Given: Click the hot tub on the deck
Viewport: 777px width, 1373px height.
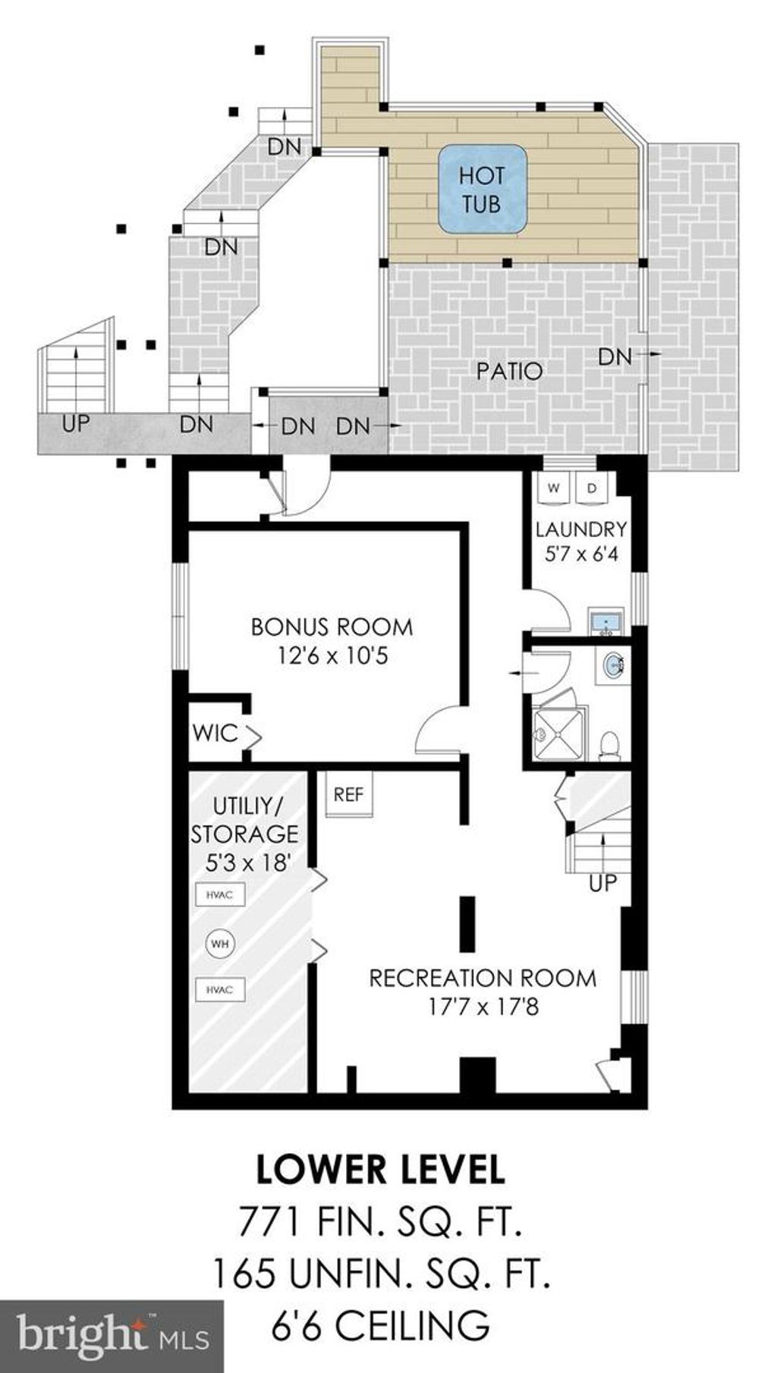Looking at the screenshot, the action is coord(483,189).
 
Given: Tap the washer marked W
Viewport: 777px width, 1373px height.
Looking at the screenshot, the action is coord(553,488).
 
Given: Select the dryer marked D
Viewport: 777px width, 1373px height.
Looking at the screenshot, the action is coord(593,488).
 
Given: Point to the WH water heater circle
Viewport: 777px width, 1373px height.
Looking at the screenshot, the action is coord(220,944).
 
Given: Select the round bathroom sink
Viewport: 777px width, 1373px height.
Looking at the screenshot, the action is coord(614,665).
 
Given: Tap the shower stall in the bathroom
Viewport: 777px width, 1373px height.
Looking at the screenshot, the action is coord(561,733).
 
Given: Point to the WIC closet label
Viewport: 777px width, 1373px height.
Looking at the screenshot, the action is coord(215,734).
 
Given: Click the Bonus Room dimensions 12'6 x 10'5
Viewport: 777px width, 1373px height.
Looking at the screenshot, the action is coord(332,655).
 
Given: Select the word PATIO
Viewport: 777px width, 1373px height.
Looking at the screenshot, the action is coord(510,371).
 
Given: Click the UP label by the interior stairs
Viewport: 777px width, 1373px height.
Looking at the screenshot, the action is coord(603,883).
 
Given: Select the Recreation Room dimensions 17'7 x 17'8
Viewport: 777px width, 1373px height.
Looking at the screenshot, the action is coord(483,1007).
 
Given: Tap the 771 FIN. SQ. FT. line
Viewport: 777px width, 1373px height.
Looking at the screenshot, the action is coord(380,1221).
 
